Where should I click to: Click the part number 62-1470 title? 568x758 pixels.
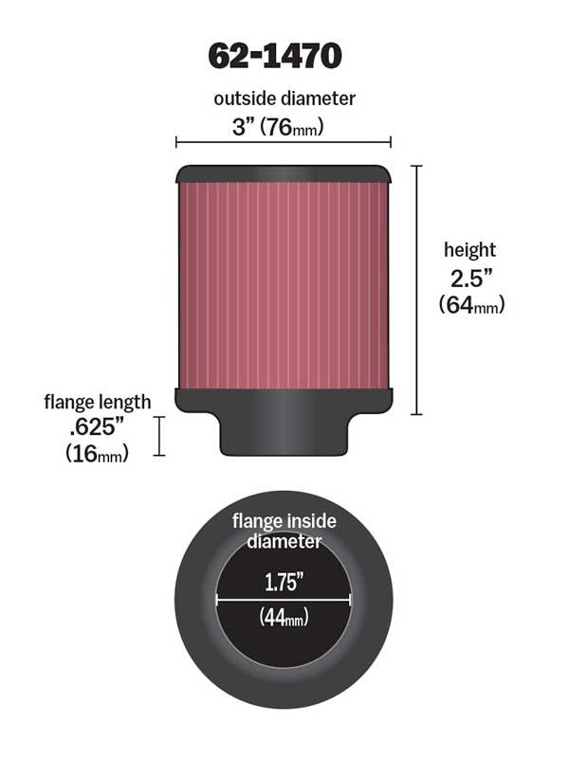click(x=275, y=56)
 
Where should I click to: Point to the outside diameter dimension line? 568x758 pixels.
click(x=284, y=142)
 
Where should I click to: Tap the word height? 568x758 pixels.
click(x=469, y=250)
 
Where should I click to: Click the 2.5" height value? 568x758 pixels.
click(x=469, y=279)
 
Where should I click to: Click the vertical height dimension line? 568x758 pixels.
click(x=416, y=289)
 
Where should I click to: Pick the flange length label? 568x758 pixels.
click(x=97, y=402)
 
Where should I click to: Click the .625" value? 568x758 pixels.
click(x=98, y=427)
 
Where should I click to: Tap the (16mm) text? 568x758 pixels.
click(x=97, y=454)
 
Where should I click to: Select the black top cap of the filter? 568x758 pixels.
click(x=283, y=173)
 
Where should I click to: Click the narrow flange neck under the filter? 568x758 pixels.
click(x=283, y=434)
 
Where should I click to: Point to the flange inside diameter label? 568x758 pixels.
click(x=284, y=532)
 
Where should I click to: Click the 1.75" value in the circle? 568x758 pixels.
click(x=284, y=582)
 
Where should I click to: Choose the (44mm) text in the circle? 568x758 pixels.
click(x=284, y=618)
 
